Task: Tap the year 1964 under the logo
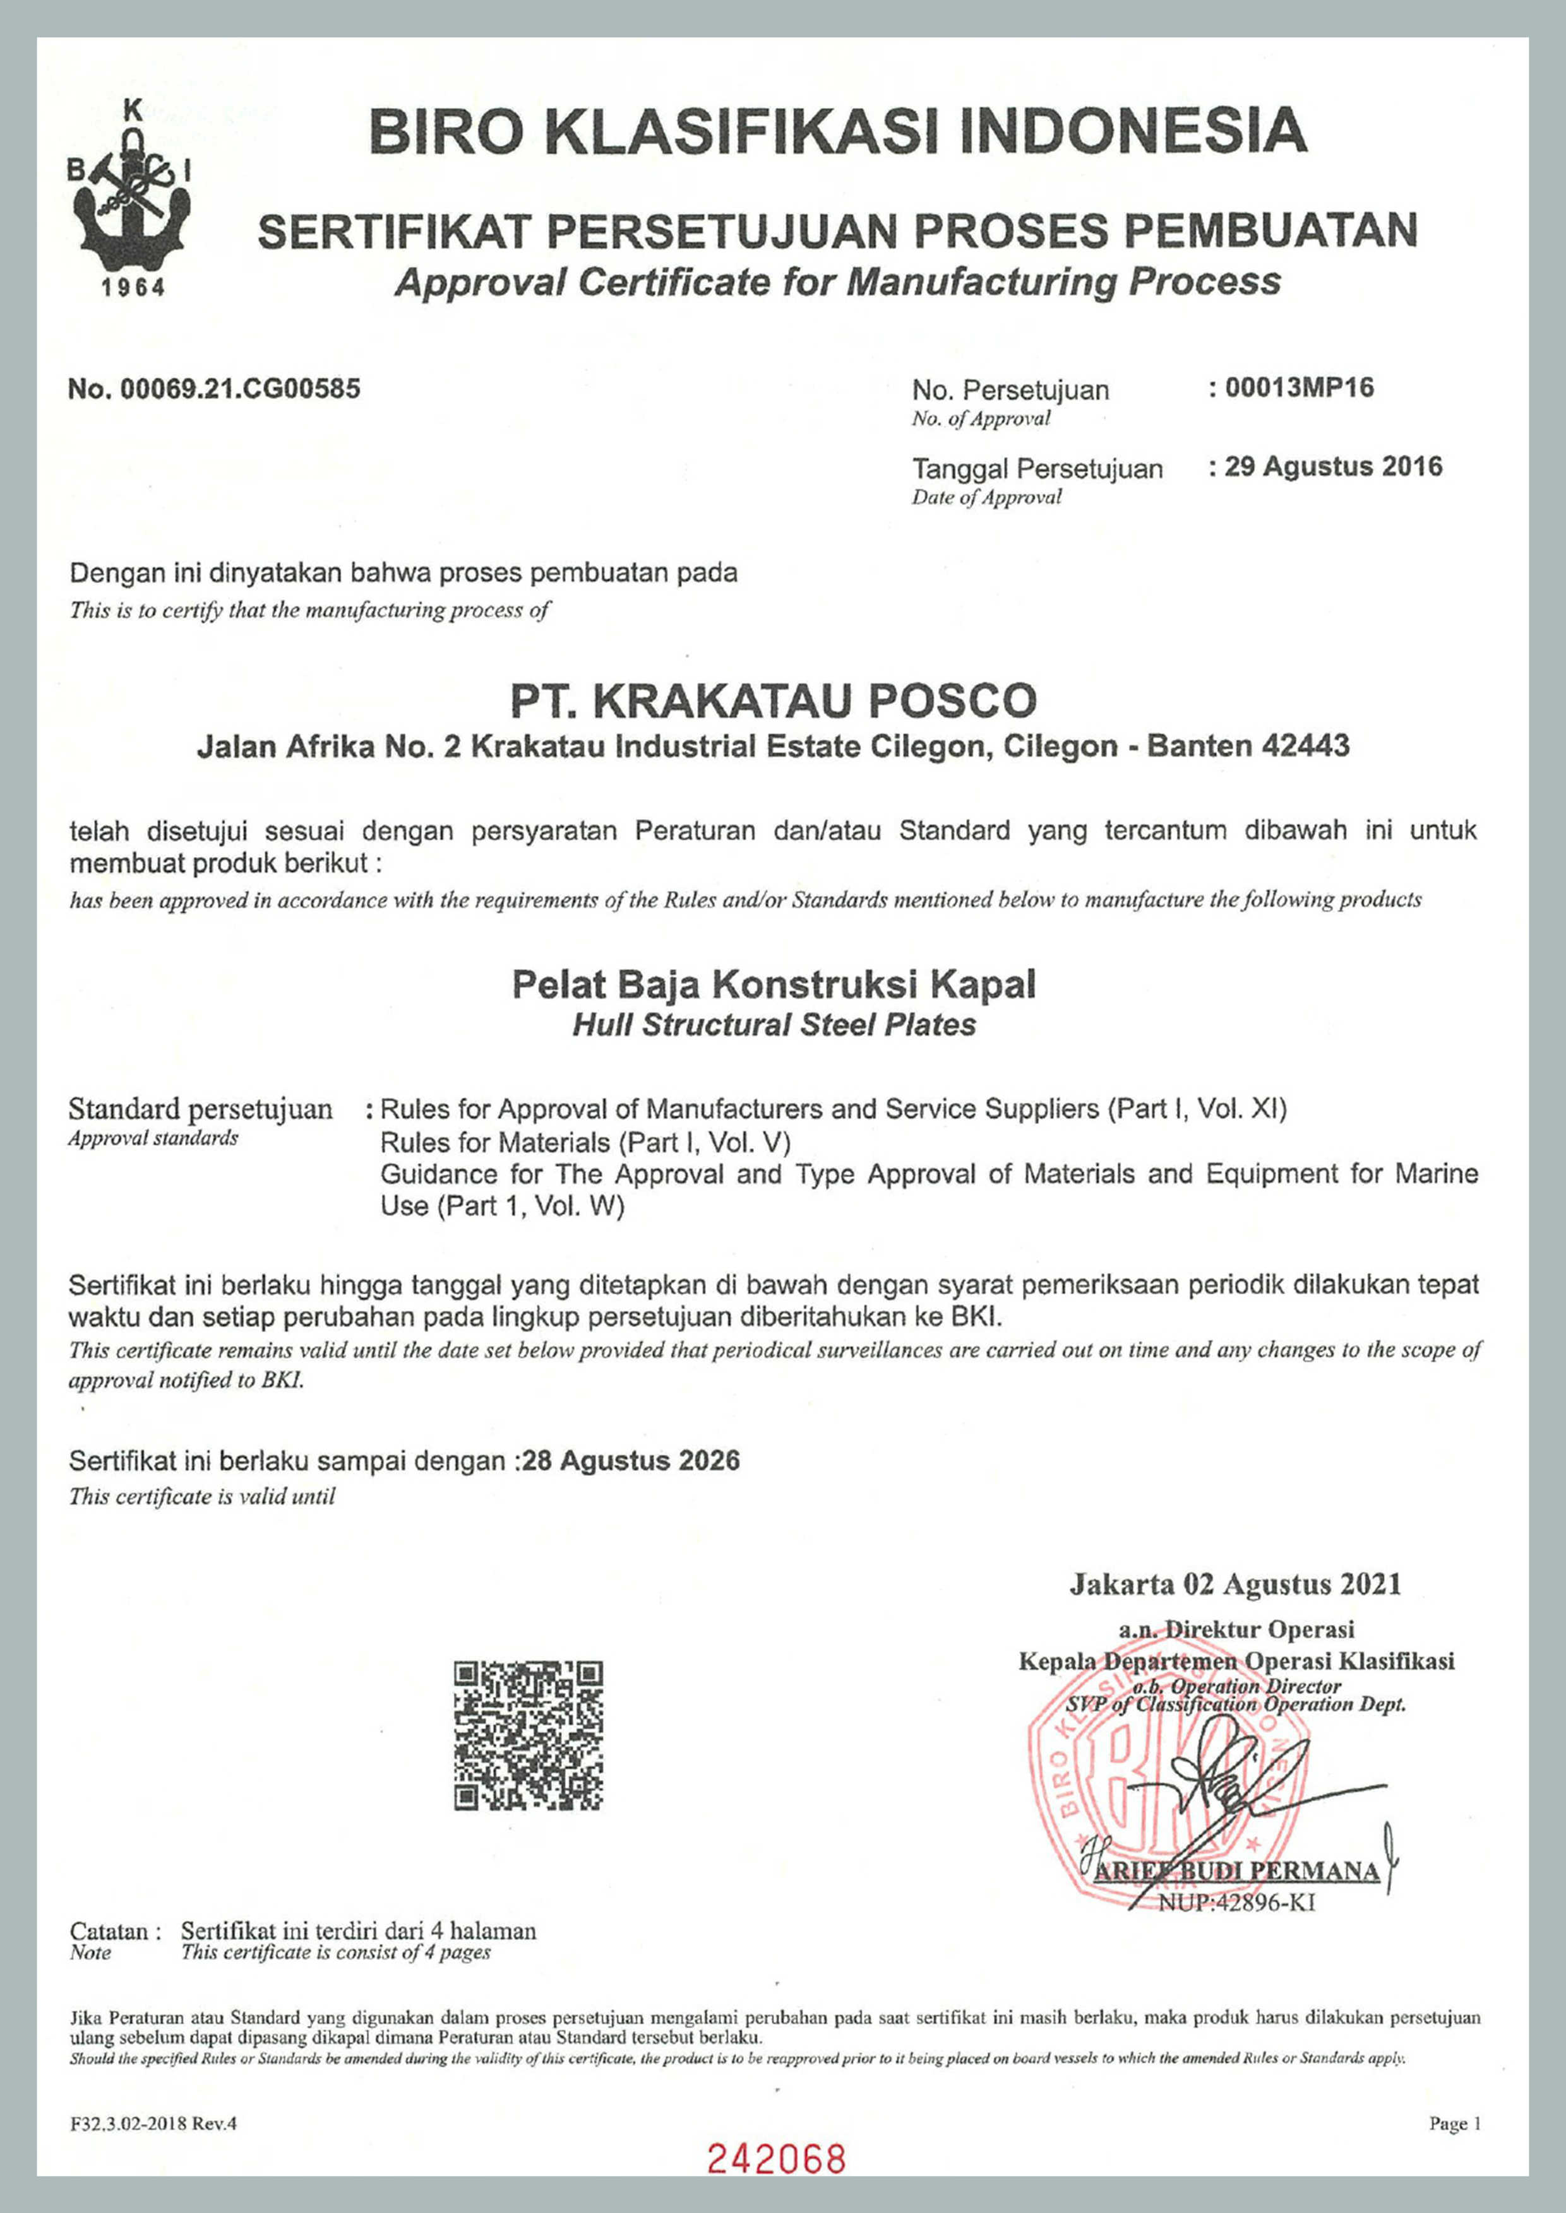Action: [134, 287]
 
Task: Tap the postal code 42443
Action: [1305, 746]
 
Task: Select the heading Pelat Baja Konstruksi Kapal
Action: [774, 985]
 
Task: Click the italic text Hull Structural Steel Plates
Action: [774, 1025]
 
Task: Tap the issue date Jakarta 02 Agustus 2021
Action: [1234, 1584]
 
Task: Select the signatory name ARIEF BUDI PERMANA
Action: [1237, 1871]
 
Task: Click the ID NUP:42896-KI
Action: [1236, 1903]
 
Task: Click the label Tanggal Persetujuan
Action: [1037, 469]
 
